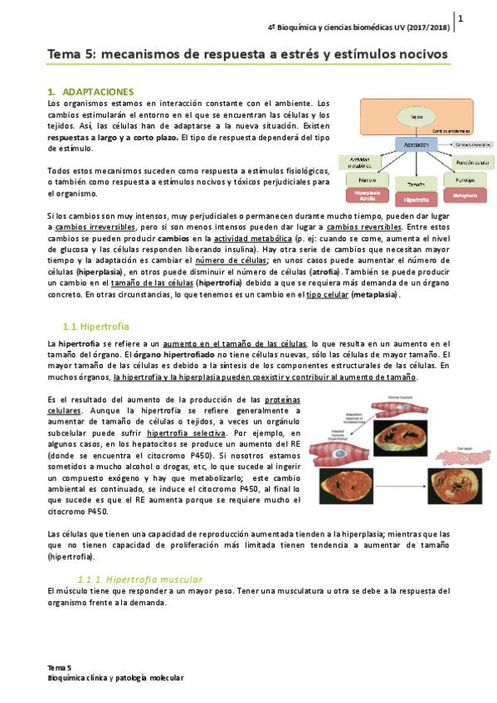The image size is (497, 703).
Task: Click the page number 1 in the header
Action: coord(460,18)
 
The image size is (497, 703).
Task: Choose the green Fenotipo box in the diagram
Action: coord(465,179)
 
